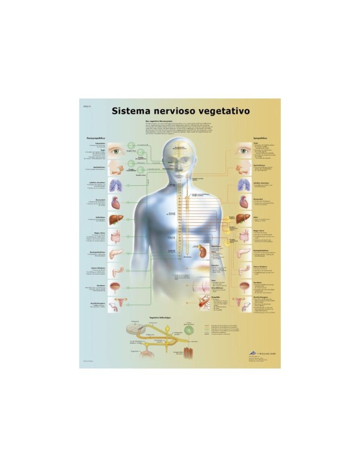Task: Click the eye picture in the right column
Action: click(245, 151)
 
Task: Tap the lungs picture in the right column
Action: click(245, 186)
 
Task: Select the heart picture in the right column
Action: click(245, 203)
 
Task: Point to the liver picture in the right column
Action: click(245, 219)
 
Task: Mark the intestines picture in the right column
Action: click(245, 236)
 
